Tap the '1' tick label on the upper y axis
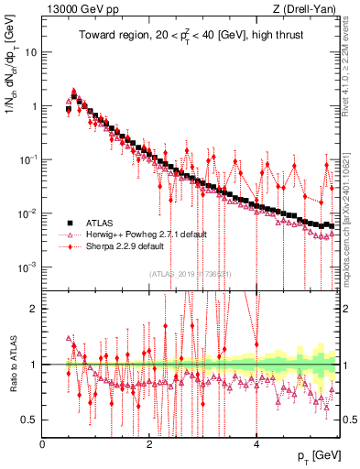click(x=33, y=106)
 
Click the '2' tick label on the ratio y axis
click(x=33, y=309)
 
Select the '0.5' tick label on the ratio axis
click(x=28, y=420)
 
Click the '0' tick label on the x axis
click(x=42, y=444)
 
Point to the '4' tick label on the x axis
click(x=256, y=444)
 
